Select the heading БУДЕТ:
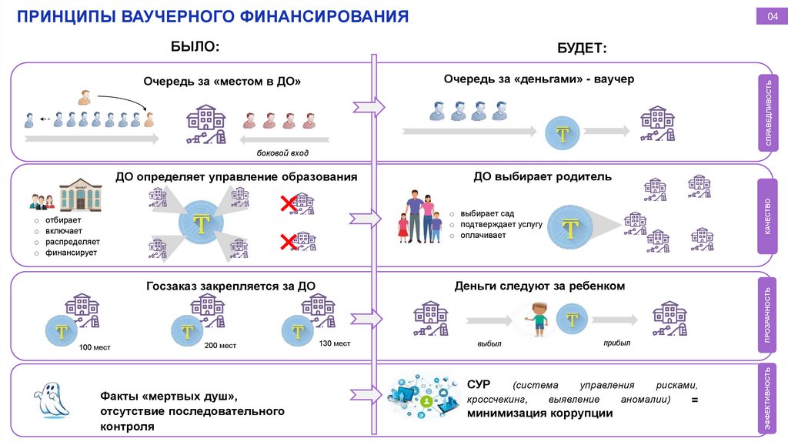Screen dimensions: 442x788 click(582, 48)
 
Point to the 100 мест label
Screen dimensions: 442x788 click(95, 347)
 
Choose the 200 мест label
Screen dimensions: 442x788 click(221, 346)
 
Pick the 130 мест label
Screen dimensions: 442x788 click(334, 343)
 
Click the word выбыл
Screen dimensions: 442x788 click(490, 344)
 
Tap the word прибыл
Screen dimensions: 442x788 click(617, 343)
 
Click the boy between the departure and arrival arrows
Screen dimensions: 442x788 click(538, 318)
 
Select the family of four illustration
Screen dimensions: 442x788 click(419, 217)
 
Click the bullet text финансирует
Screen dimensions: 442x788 click(71, 253)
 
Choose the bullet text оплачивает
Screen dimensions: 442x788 click(483, 235)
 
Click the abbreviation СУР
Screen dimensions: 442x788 click(479, 384)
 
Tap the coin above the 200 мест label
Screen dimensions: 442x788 click(187, 332)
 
